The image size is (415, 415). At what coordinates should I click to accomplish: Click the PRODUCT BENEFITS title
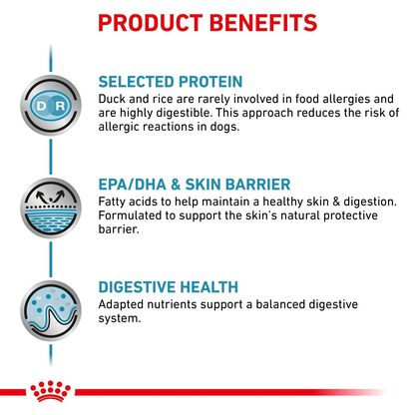pyautogui.click(x=207, y=22)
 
